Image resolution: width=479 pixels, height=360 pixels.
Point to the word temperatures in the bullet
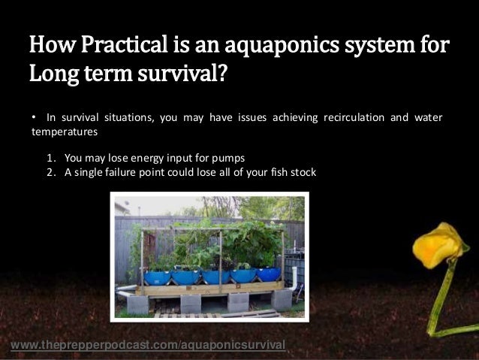[64, 132]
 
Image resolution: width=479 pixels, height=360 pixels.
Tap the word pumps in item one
[230, 158]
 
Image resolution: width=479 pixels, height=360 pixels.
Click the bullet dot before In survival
[33, 118]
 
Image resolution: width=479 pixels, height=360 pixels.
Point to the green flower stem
[439, 297]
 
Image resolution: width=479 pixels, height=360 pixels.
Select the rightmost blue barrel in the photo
[268, 274]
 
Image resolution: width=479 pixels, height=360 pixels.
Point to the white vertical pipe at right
[294, 278]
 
